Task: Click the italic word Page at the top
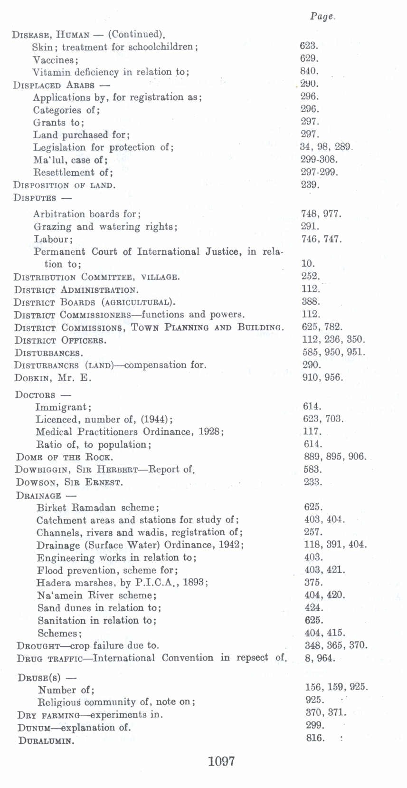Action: (322, 17)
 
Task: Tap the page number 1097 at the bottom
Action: (221, 761)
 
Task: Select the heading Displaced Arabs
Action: (54, 86)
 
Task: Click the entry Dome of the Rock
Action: (65, 457)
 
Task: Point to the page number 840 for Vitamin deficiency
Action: (309, 71)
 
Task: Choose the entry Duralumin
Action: (46, 740)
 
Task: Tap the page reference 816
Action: (315, 738)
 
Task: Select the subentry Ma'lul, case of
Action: (70, 160)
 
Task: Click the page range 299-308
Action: (319, 159)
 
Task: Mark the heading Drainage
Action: (38, 495)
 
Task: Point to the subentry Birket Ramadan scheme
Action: (98, 508)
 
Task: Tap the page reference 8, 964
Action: (320, 658)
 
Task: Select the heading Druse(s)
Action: (39, 677)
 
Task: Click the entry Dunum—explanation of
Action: (74, 728)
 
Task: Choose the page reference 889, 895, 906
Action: (335, 457)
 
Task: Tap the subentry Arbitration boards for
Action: (87, 214)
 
